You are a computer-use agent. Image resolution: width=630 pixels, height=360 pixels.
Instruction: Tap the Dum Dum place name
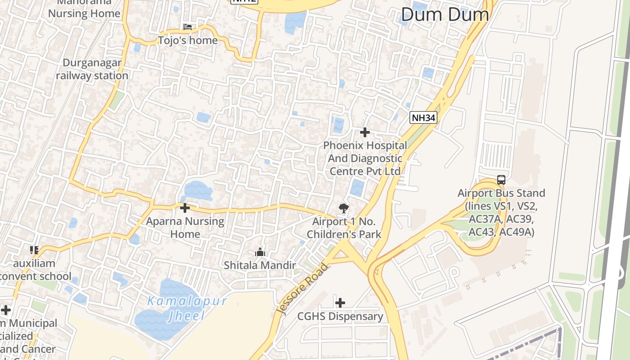(445, 14)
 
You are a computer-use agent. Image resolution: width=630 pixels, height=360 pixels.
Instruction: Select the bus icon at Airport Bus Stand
(501, 180)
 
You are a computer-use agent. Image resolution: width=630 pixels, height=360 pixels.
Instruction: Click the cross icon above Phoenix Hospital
(365, 132)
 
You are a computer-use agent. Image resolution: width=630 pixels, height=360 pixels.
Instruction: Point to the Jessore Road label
(302, 288)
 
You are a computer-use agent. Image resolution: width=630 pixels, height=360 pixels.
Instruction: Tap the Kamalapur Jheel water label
(187, 308)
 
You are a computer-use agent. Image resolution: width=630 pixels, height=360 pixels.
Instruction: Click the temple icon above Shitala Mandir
(260, 252)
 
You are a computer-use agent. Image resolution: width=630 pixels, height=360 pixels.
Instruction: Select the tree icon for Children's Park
(344, 208)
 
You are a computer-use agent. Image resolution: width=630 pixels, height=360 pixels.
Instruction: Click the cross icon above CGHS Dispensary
(340, 302)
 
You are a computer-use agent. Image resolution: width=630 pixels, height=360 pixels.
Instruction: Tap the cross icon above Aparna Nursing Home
(184, 208)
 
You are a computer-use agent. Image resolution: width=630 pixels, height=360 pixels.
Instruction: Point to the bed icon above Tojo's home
(188, 27)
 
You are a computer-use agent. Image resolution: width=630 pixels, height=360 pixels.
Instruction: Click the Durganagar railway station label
(92, 69)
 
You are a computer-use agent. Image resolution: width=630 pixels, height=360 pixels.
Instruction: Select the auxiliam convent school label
(35, 270)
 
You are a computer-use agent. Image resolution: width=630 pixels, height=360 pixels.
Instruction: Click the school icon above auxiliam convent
(34, 250)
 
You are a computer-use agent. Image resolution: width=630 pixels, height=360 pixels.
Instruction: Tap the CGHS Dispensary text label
(340, 316)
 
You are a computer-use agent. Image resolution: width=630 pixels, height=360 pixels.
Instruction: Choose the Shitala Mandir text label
(260, 265)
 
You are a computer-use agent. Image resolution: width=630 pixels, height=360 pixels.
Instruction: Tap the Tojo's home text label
(188, 40)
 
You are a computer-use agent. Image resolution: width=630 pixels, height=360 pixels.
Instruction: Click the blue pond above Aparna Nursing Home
(198, 190)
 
